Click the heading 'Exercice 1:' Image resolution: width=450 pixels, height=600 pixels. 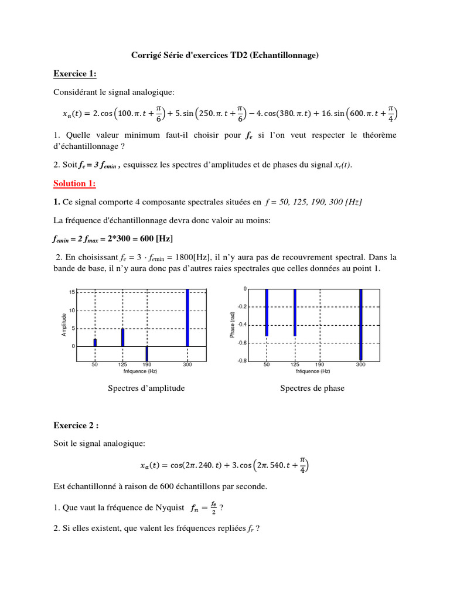point(74,74)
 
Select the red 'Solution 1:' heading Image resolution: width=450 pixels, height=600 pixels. point(74,183)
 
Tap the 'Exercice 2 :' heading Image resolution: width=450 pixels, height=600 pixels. point(77,425)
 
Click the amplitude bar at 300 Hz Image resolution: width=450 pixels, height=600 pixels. point(187,318)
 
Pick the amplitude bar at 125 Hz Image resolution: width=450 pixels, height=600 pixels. point(122,337)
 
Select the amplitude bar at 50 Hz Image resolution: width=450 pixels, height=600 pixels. point(95,342)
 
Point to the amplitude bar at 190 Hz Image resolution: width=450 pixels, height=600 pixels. point(146,353)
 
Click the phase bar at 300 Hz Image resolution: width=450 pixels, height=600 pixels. point(361,324)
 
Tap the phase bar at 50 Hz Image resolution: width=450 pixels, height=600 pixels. point(267,312)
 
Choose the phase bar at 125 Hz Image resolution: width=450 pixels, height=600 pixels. point(295,312)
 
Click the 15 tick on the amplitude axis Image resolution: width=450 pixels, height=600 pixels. point(71,292)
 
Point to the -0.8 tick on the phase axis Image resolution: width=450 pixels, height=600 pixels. point(242,361)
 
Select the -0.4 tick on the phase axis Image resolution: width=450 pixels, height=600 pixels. point(242,325)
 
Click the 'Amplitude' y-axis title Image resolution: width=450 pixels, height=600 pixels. point(64,324)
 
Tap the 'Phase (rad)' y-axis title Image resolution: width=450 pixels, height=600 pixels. point(233,325)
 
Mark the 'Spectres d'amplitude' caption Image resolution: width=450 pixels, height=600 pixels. point(146,388)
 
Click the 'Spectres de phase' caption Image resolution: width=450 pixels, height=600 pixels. point(312,388)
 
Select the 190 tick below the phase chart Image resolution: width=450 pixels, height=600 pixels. point(319,365)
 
